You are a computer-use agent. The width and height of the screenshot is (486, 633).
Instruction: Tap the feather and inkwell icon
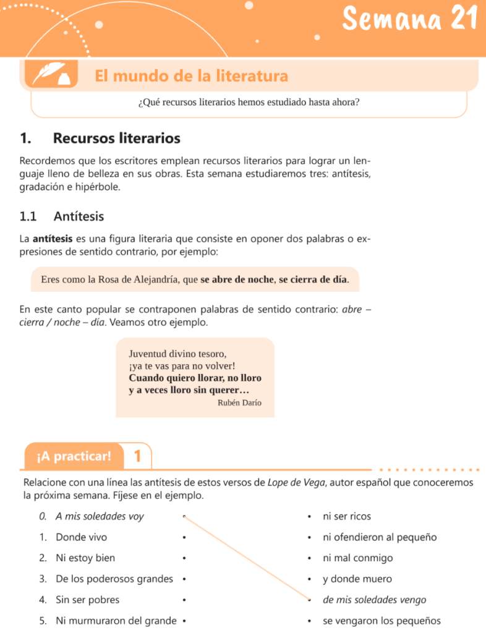coord(51,75)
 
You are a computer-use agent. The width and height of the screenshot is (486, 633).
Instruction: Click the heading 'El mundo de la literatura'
coord(191,76)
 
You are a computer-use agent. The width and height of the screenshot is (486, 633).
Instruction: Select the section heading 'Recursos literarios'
coord(117,137)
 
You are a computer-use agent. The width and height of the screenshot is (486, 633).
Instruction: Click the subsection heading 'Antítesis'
coord(79,216)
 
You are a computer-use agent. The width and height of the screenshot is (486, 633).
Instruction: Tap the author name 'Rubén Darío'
coord(239,402)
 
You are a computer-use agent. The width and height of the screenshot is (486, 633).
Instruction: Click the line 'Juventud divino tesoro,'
coord(177,354)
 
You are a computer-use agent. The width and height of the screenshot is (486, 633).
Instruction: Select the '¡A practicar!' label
coord(74,457)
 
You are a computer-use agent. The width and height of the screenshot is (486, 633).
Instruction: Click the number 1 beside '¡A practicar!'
coord(137,457)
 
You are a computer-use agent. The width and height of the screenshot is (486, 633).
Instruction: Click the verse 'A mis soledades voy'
coord(99,516)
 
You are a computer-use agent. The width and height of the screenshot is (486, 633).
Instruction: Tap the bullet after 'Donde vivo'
coord(184,537)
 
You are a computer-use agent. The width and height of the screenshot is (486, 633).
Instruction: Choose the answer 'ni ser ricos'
coord(347,516)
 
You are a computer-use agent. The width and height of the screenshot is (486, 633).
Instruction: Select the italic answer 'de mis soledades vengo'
coord(374,600)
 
